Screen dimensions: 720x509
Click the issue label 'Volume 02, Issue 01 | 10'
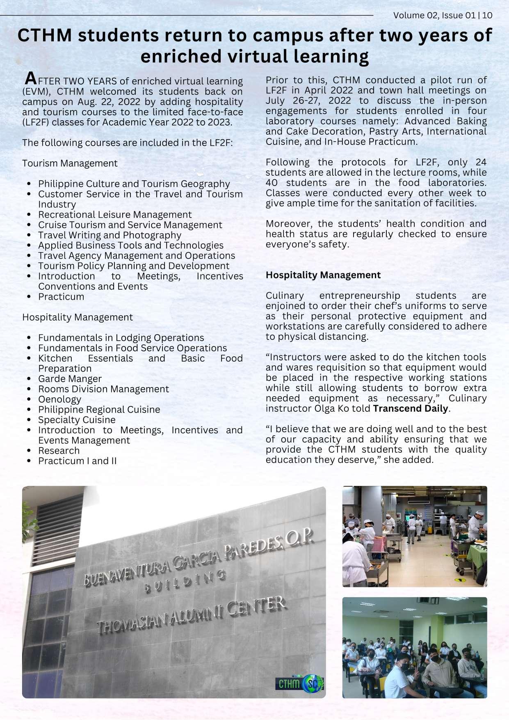443,16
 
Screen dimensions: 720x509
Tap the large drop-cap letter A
31,78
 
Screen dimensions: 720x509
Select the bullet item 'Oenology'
59,399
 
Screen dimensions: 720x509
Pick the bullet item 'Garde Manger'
70,379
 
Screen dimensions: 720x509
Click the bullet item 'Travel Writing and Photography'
110,235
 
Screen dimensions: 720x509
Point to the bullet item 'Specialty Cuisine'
77,420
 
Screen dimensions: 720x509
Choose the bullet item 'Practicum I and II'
77,461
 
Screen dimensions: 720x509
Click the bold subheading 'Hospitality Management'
323,275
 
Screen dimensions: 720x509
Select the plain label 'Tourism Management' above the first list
70,163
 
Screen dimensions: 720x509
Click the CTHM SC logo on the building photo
299,683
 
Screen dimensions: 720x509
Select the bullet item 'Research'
59,451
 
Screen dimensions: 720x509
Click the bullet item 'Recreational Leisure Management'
115,215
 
